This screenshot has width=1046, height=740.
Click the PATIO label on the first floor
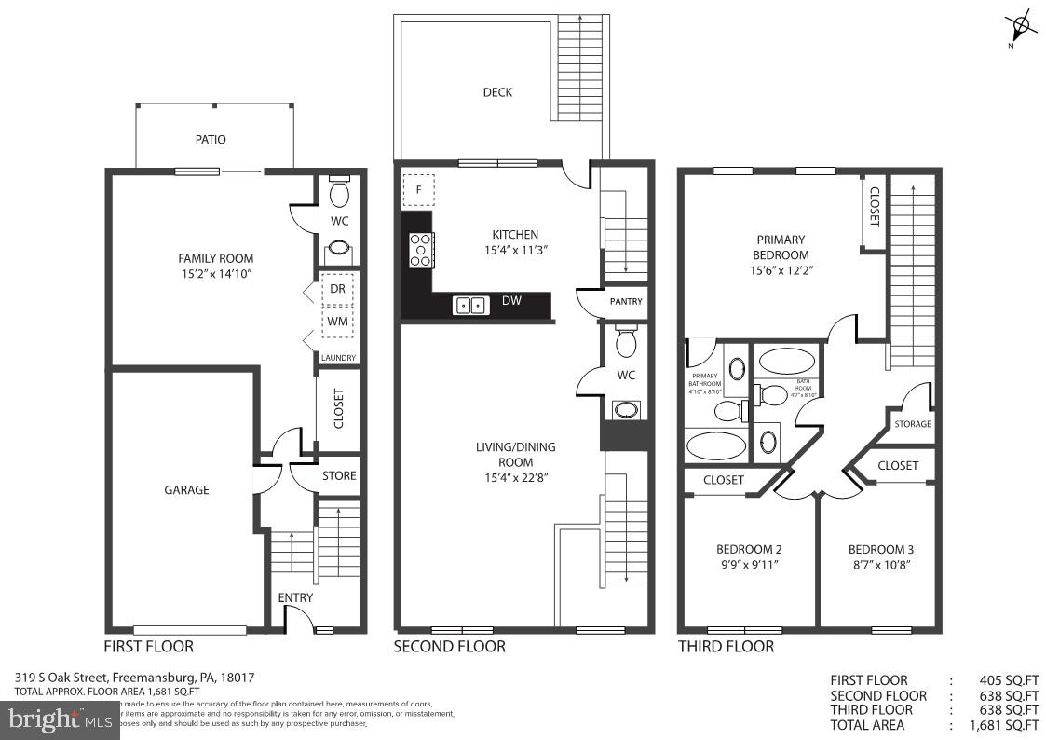point(210,140)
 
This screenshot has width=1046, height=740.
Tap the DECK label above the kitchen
point(497,92)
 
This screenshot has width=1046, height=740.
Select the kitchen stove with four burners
point(420,250)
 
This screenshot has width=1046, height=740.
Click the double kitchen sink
point(471,304)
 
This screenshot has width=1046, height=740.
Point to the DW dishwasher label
point(510,302)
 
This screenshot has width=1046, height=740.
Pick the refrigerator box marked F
point(418,190)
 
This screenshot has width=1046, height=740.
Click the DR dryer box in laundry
point(337,289)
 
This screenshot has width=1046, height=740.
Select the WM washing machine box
point(337,321)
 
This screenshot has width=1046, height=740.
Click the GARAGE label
point(186,490)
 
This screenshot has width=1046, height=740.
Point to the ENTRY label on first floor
point(295,597)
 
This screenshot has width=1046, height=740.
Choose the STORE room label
point(339,475)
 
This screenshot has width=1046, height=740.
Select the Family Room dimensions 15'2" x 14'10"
point(215,274)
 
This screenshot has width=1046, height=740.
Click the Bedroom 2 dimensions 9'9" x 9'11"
point(749,564)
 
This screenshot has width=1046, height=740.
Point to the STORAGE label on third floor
point(912,424)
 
